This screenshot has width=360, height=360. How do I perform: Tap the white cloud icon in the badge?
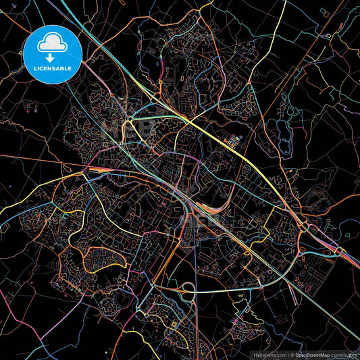tap(53, 43)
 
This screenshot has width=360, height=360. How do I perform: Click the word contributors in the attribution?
tap(344, 355)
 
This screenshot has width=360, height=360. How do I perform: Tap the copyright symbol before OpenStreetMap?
tap(291, 355)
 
